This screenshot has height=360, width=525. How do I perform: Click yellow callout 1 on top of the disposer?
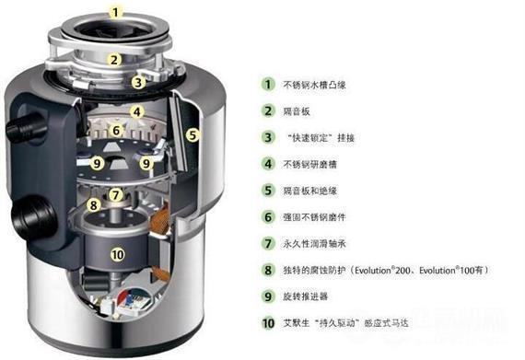[115, 13]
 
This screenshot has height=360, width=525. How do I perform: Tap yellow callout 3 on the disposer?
[137, 81]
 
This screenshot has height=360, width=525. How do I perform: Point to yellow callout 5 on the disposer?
[192, 134]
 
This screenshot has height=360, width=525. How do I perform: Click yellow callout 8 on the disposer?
[93, 204]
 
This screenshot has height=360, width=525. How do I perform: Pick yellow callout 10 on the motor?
[116, 254]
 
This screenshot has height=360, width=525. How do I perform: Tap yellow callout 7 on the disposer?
[115, 194]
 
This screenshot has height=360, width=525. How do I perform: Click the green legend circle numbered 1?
[267, 84]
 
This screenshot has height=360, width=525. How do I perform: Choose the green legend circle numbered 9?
[267, 296]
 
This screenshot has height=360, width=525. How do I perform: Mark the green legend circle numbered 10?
[267, 323]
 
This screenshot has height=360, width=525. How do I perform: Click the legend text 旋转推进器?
[309, 297]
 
